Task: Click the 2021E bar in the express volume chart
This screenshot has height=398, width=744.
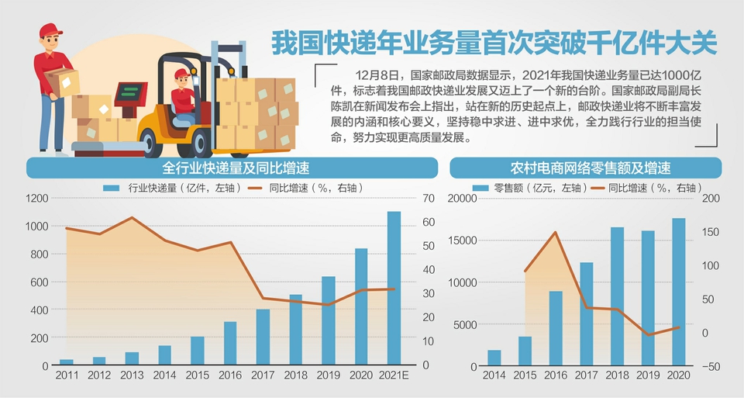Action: [394, 288]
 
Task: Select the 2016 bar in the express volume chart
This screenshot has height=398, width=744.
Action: [230, 343]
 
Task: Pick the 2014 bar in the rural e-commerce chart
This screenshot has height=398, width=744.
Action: [494, 358]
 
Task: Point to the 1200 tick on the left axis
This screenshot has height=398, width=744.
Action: [36, 199]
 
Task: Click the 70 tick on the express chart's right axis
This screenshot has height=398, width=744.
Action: [426, 199]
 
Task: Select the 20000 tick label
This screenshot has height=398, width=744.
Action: [463, 199]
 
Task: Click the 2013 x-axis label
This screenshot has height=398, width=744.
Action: [132, 376]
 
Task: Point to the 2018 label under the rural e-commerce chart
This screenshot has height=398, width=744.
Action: [617, 376]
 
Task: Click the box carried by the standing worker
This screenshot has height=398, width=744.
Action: [61, 81]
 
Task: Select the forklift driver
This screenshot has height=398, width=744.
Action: [183, 97]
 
